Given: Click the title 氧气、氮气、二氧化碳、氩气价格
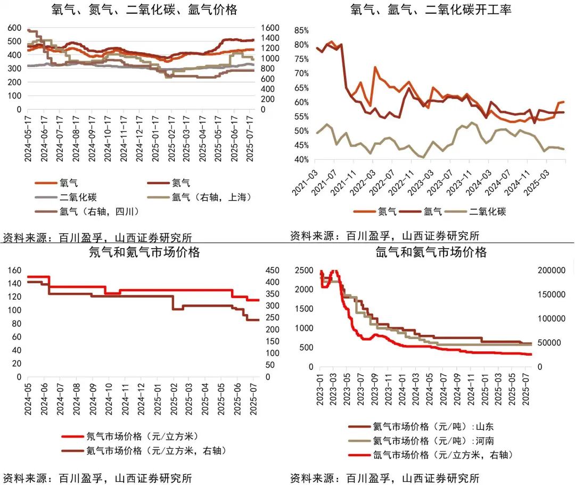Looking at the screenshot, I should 144,10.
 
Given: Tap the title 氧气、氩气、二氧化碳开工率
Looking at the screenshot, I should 431,10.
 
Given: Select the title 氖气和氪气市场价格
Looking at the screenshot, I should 144,252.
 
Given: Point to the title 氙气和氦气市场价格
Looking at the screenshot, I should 431,252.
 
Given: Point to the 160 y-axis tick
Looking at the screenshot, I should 14,270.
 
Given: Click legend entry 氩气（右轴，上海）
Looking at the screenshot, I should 211,197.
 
